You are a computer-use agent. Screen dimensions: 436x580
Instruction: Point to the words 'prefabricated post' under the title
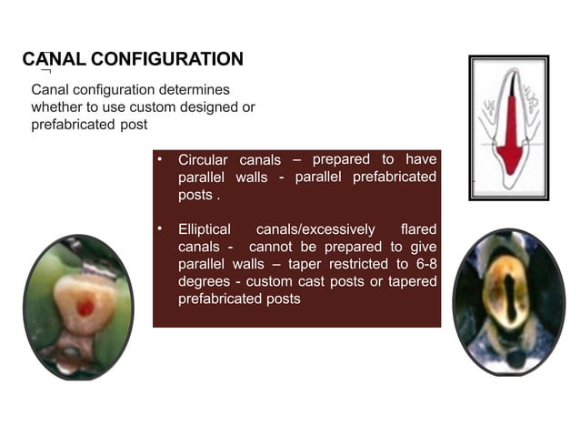[x=89, y=125]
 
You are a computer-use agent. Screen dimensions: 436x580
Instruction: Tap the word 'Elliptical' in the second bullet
[x=205, y=229]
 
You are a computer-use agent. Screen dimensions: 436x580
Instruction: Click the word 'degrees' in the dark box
[x=204, y=281]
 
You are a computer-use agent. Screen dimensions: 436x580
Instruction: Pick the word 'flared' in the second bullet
[x=417, y=229]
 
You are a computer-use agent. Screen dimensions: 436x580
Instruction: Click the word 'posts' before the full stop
[x=194, y=195]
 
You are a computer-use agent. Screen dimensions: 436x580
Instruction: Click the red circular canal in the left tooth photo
[x=85, y=308]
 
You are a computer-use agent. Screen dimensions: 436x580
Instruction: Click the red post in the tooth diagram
[x=511, y=137]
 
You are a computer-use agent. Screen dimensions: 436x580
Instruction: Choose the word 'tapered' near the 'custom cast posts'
[x=412, y=281]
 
